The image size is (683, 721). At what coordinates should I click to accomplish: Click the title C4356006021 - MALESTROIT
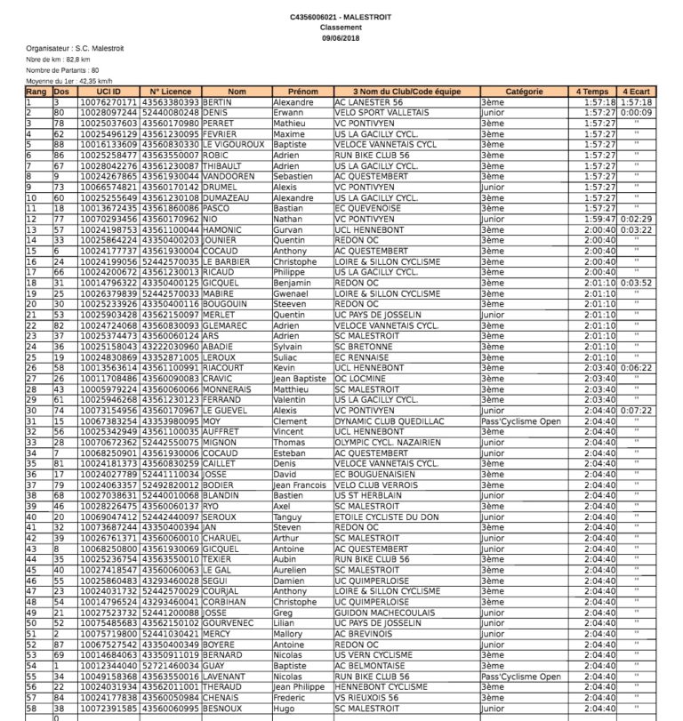coord(340,18)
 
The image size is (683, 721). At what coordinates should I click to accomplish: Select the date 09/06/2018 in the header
coord(340,37)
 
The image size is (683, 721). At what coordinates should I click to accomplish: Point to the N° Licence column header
coord(170,92)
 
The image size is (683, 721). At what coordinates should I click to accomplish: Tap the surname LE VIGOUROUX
coord(237,144)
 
